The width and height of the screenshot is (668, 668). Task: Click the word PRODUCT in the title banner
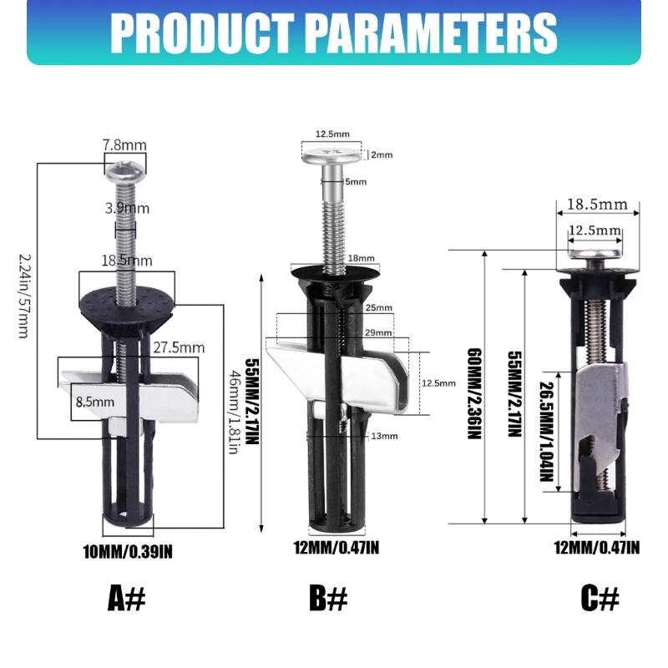[202, 33]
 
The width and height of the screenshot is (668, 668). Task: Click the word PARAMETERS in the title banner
[432, 33]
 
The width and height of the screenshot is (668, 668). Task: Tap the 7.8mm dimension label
[124, 145]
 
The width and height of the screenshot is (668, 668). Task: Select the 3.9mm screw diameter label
[128, 208]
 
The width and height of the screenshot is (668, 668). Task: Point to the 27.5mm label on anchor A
[179, 347]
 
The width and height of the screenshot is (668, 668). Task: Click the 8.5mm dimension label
[95, 402]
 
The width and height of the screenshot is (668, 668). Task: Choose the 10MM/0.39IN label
[128, 552]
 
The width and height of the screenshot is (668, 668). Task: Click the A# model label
[127, 598]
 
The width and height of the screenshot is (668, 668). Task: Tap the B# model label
[328, 598]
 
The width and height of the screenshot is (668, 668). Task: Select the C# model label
[600, 598]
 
